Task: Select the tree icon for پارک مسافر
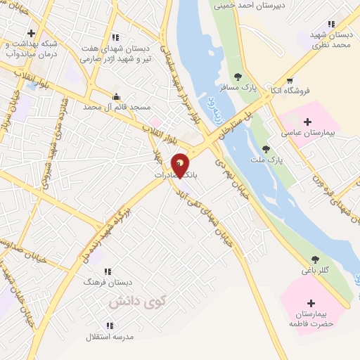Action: click(x=238, y=77)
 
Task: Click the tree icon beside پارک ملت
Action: click(x=266, y=148)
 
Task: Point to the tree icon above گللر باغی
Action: click(x=314, y=259)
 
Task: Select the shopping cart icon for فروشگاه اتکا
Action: click(x=290, y=79)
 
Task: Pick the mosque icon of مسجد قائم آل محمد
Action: click(x=117, y=96)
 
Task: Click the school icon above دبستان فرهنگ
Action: click(x=108, y=271)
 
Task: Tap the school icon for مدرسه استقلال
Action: click(x=110, y=326)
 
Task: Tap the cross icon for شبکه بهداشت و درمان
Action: click(x=31, y=33)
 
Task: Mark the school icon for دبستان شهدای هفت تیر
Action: click(x=115, y=37)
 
